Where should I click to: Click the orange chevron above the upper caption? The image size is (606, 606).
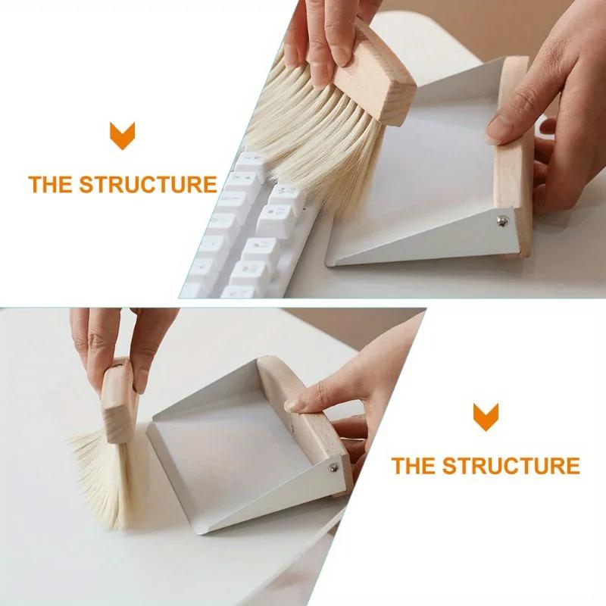[x=122, y=136]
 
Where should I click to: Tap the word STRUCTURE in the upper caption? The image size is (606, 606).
[x=148, y=184]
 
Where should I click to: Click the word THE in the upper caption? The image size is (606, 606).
[x=52, y=184]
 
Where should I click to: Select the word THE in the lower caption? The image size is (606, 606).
[x=414, y=465]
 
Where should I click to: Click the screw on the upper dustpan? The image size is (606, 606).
[x=501, y=220]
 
